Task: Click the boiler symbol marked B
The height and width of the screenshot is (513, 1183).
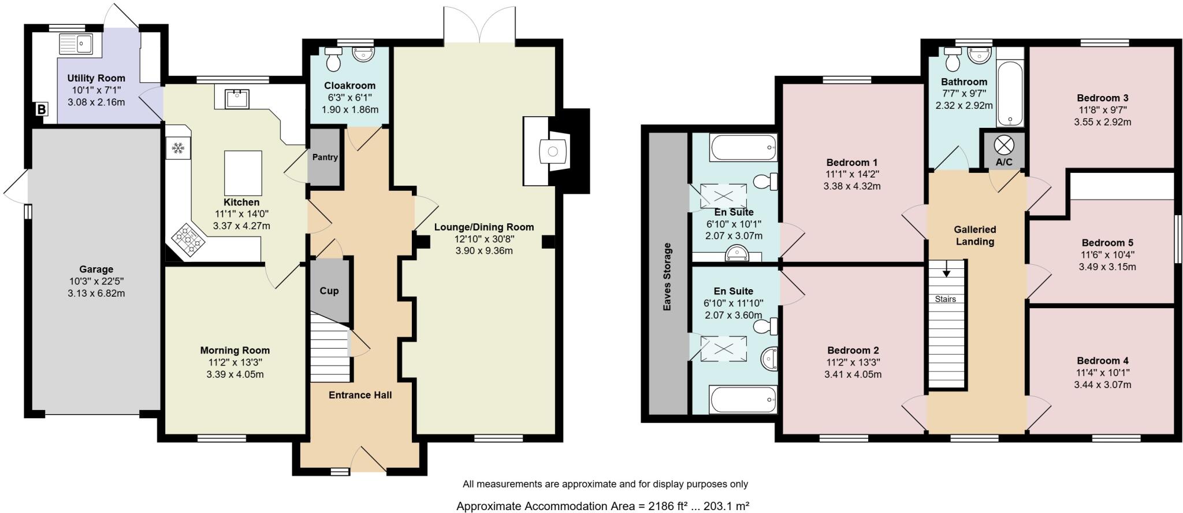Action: (42, 109)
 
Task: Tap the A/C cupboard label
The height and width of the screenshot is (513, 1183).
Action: (1004, 162)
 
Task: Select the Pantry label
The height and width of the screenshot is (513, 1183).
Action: (325, 157)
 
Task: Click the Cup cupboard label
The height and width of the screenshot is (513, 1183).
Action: (329, 291)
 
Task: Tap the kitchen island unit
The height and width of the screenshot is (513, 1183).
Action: (243, 173)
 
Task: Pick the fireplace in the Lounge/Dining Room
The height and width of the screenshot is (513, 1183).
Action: (552, 152)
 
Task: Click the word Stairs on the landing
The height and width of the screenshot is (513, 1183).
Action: (946, 299)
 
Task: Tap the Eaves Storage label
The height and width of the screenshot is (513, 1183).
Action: (667, 276)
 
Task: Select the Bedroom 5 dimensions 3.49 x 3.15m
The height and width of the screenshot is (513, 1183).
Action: (1107, 267)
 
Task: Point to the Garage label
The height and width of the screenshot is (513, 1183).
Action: (96, 269)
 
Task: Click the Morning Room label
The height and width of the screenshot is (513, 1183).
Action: (235, 350)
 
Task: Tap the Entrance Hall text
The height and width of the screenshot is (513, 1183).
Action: (360, 395)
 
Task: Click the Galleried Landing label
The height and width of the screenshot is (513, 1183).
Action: (975, 235)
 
